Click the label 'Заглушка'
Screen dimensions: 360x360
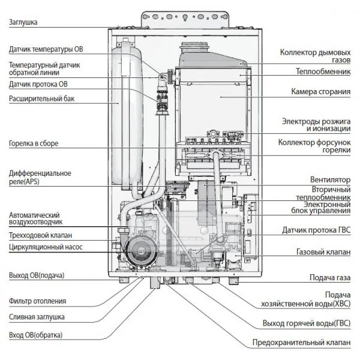point(24,22)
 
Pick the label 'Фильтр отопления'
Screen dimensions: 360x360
point(37,301)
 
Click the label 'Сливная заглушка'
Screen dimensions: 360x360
point(37,317)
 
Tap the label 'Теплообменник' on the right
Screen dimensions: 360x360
point(323,71)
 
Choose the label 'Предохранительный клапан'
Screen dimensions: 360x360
point(302,343)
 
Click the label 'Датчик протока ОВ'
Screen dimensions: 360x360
point(38,83)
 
